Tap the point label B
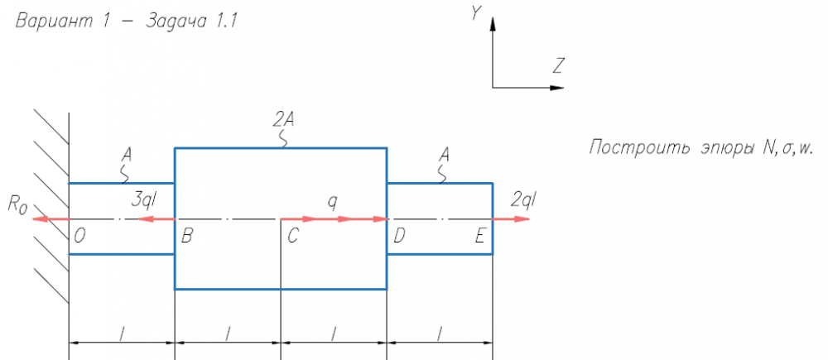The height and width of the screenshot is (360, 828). coord(187,236)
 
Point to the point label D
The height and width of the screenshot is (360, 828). coord(399,236)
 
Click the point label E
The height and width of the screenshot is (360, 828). coord(479,236)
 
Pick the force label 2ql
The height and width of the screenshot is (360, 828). coord(523,199)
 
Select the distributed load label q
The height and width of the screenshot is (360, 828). coord(332,199)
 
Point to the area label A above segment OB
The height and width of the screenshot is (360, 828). coord(126,154)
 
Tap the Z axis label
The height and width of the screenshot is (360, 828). coord(560,65)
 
